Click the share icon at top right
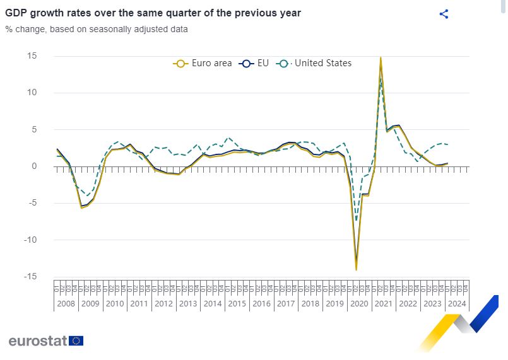pos(444,14)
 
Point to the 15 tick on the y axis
pos(32,56)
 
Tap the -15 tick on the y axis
pos(30,277)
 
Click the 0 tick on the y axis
pos(34,166)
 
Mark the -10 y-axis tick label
pos(30,240)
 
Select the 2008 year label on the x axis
pos(66,303)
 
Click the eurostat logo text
pos(37,340)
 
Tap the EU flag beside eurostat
pos(76,340)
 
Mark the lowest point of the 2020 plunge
pos(356,270)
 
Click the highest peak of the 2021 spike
pos(381,57)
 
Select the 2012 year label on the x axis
pos(163,303)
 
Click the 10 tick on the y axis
pos(32,93)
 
